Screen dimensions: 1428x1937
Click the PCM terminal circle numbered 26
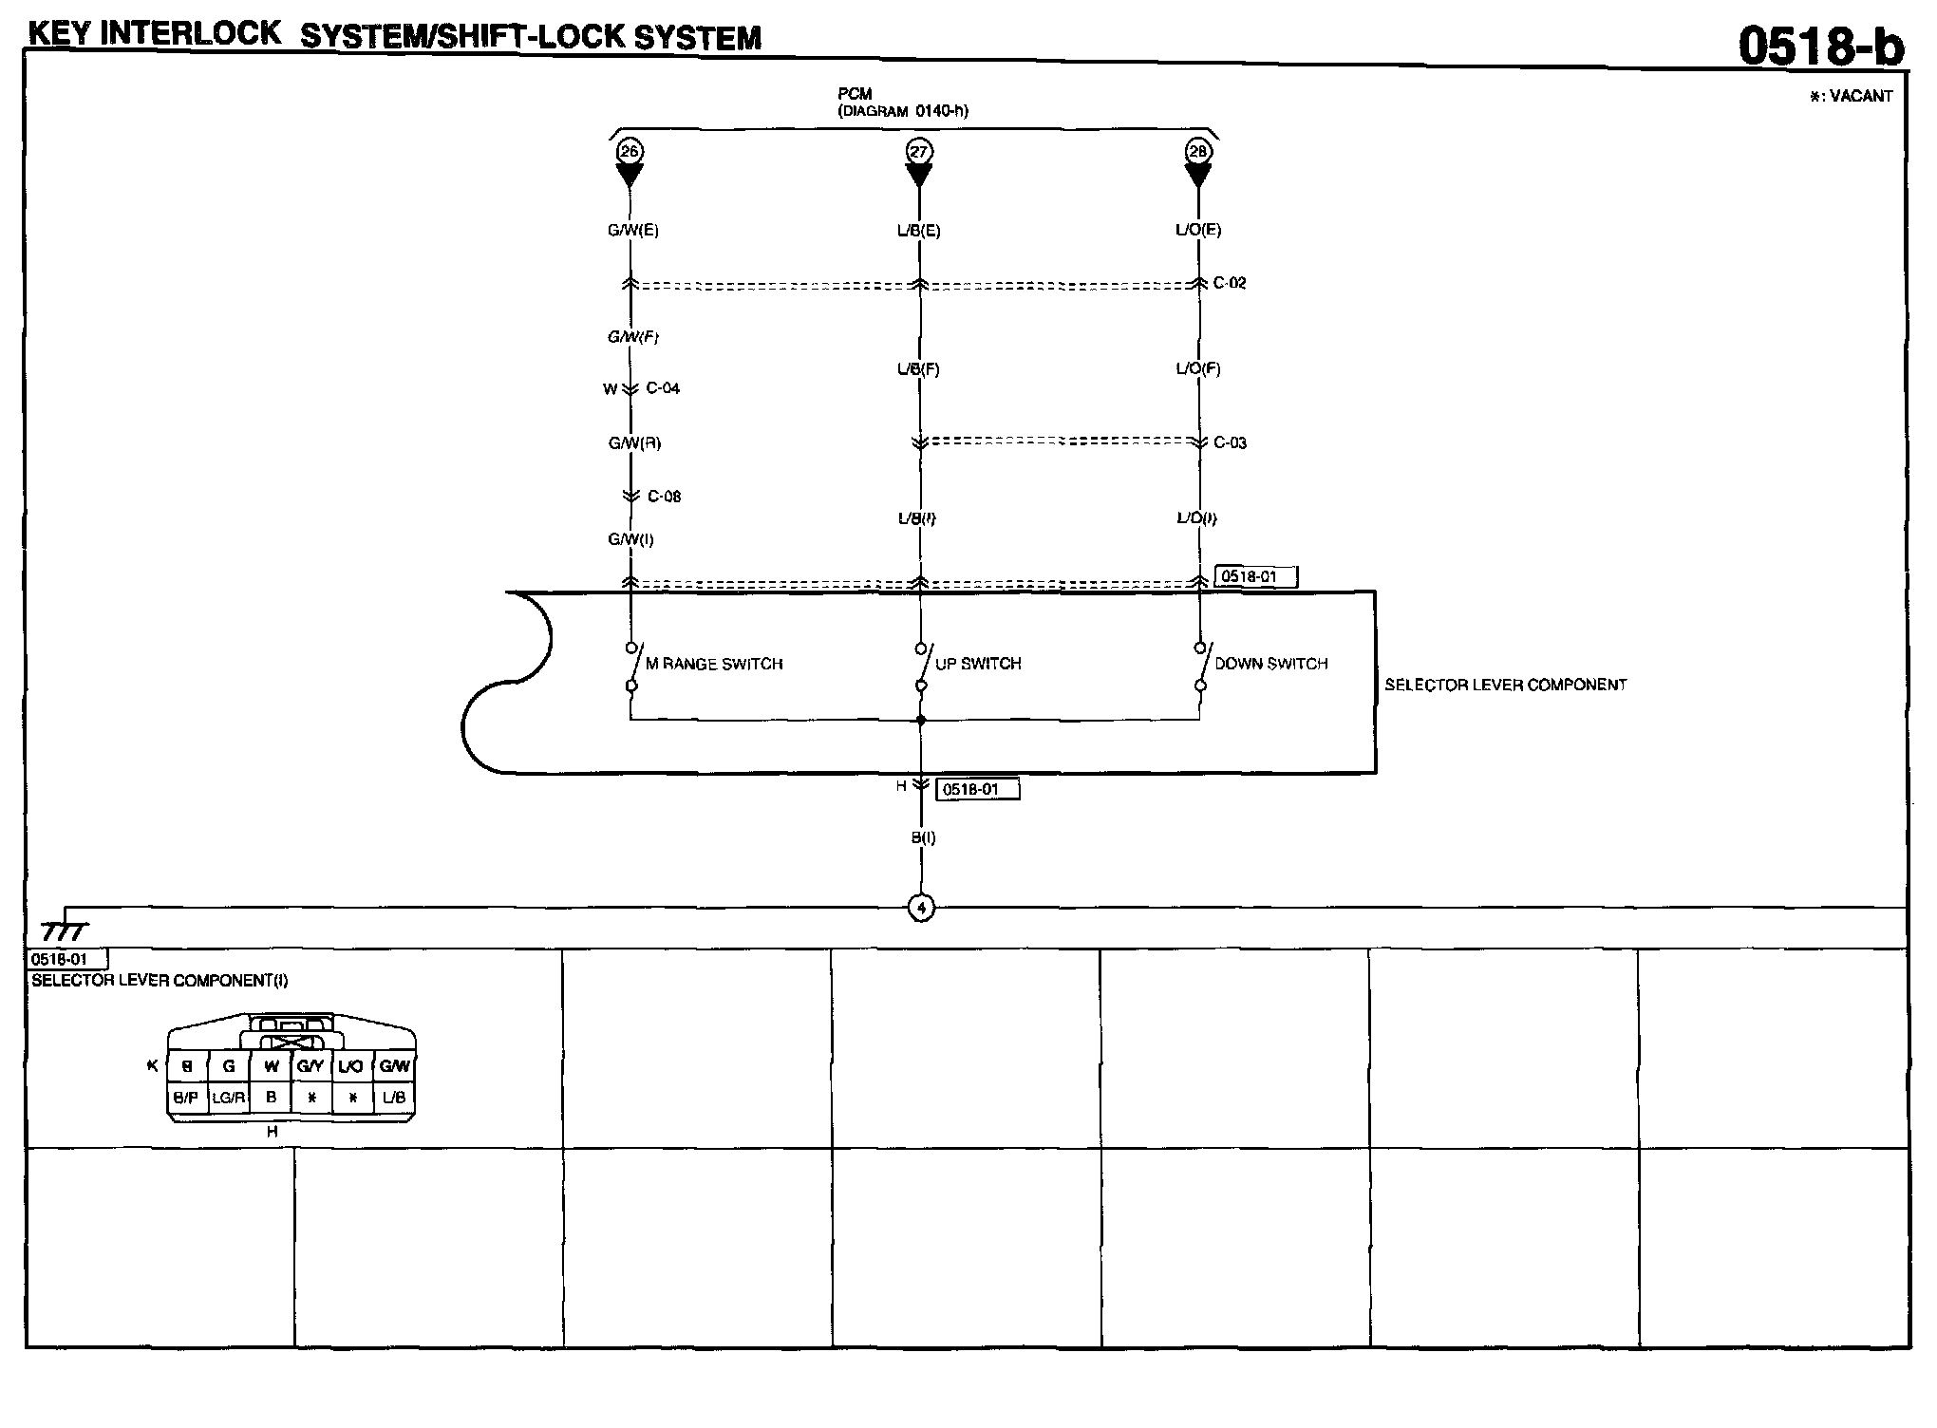click(x=630, y=151)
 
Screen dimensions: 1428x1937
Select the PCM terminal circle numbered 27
click(x=919, y=151)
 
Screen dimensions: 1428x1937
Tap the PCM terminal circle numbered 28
click(x=1198, y=151)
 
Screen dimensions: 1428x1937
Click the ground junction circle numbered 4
click(x=920, y=908)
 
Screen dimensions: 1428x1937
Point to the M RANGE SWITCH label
click(x=714, y=664)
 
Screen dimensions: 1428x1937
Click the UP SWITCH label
click(x=978, y=664)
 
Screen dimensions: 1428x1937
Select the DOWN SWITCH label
click(x=1270, y=664)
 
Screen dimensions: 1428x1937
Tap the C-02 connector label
click(x=1230, y=283)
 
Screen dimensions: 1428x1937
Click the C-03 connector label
click(x=1230, y=442)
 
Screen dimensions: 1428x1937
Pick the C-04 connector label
click(x=663, y=388)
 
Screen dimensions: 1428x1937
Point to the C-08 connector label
click(x=664, y=497)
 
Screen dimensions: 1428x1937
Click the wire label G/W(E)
click(x=633, y=230)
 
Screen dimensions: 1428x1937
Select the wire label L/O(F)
click(x=1198, y=368)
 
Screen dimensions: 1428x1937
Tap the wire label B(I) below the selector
click(x=923, y=837)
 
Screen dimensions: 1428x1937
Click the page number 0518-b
click(x=1820, y=46)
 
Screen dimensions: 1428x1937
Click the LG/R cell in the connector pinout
click(x=229, y=1098)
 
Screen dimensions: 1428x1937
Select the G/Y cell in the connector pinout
click(x=310, y=1066)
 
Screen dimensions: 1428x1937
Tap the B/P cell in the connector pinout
click(x=186, y=1098)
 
